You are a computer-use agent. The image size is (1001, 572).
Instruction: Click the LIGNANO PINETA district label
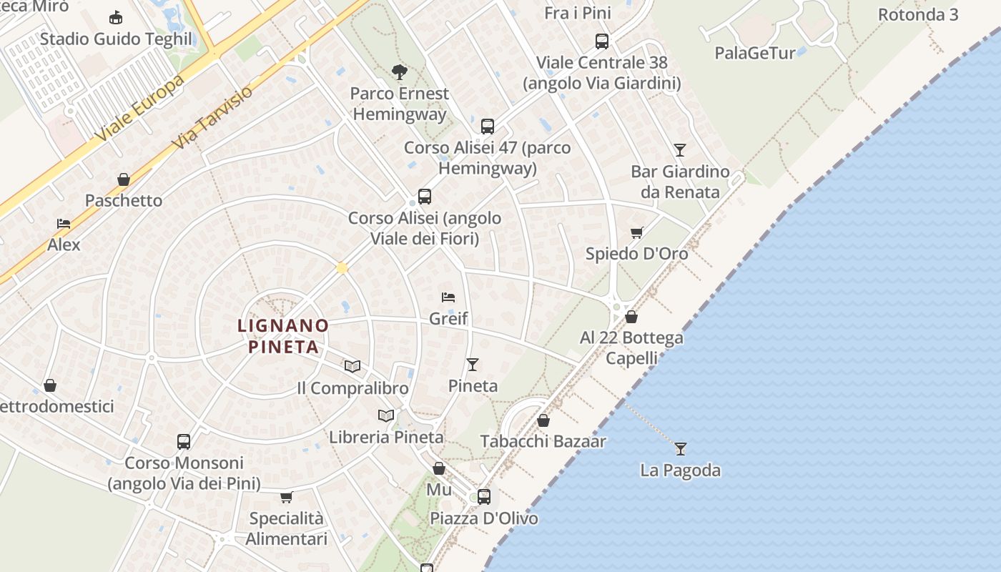point(283,336)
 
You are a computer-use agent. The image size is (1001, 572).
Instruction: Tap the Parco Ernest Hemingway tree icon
point(399,71)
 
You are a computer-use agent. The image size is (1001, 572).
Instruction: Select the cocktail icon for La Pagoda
point(680,448)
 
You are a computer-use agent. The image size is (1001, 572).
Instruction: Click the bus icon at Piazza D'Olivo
point(484,496)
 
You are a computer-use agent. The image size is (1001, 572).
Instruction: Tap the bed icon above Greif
point(448,297)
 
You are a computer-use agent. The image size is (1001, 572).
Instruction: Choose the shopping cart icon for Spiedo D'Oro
point(636,232)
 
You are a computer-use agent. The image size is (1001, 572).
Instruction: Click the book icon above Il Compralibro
point(352,366)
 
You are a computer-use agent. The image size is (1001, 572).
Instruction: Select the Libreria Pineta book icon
point(386,415)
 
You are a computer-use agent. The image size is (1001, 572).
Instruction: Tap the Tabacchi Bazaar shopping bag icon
point(543,420)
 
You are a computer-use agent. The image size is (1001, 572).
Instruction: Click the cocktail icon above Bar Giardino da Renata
point(679,150)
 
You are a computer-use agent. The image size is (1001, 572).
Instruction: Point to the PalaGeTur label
point(754,53)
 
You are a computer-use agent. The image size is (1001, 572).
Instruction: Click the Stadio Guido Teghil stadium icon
point(115,17)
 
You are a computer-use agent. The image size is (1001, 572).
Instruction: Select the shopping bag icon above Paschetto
point(124,179)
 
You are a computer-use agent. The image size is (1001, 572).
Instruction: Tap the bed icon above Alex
point(64,224)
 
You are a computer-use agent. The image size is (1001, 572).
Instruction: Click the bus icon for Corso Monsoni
point(184,441)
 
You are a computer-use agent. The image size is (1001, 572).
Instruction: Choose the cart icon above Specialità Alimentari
point(286,497)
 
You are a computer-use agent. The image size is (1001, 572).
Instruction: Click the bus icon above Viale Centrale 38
point(602,41)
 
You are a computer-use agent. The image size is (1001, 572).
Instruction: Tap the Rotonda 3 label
point(917,14)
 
